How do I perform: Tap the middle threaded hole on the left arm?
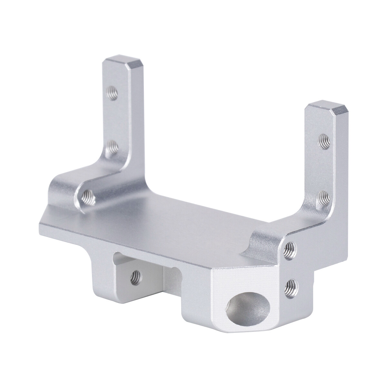pyautogui.click(x=112, y=147)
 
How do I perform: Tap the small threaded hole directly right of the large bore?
pyautogui.click(x=292, y=284)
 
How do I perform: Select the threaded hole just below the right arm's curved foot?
pyautogui.click(x=291, y=248)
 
